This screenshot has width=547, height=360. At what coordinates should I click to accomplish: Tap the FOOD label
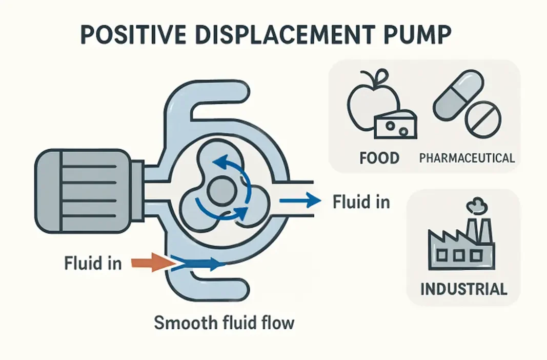point(379,157)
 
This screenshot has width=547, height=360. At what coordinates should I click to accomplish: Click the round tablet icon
point(482,119)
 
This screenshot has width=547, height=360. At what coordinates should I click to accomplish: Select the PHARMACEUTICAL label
point(467,157)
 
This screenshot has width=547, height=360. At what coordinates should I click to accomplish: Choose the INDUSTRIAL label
point(463,288)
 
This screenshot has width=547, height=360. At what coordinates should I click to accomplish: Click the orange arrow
point(150,263)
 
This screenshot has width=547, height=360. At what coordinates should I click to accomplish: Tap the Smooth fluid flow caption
point(225,323)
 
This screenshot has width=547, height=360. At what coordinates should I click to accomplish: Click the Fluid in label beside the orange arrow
point(93,263)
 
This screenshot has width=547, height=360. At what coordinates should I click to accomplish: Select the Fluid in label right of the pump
point(361,202)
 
